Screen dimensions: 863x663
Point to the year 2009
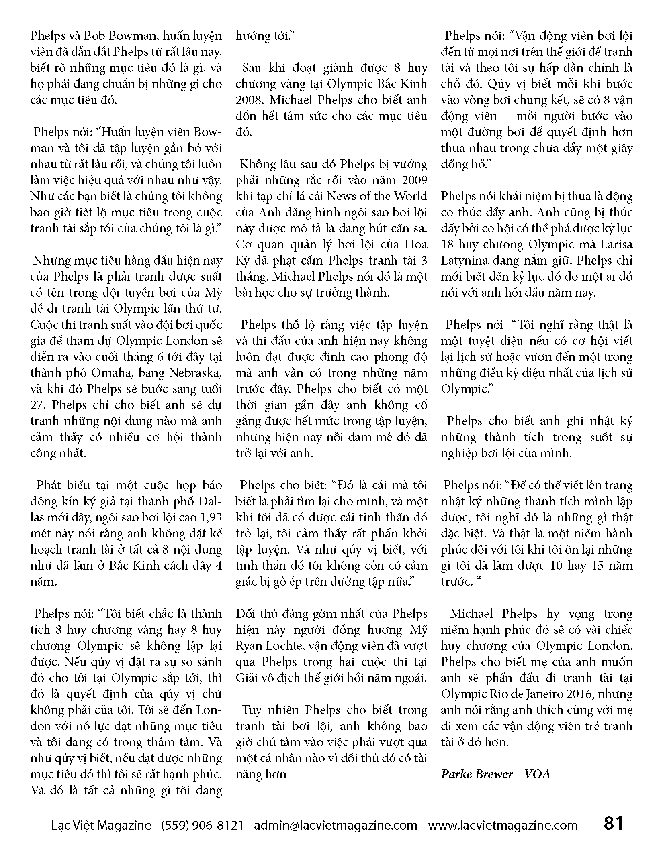click(414, 180)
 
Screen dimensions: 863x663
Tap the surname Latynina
click(467, 261)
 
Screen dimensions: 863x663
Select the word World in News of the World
click(410, 196)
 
